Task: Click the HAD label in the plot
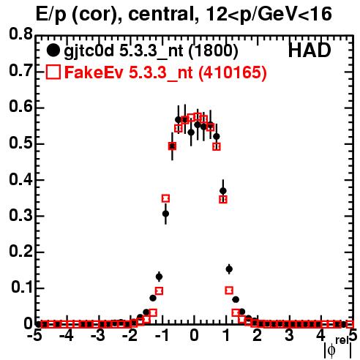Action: point(310,50)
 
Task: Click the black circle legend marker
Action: point(53,50)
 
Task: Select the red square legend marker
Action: point(53,72)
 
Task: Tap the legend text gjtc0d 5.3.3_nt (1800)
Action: point(151,51)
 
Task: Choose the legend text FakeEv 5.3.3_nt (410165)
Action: point(166,72)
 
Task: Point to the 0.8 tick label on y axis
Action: point(20,34)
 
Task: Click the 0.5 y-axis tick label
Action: point(20,143)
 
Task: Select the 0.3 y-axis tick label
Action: point(20,215)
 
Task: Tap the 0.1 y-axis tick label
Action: point(22,288)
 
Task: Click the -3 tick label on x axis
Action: point(98,335)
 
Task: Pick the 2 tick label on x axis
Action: point(258,335)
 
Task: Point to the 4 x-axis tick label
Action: point(320,335)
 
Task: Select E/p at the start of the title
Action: point(50,15)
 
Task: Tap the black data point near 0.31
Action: point(165,214)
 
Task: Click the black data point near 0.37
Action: point(222,191)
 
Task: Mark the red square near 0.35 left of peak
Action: point(165,198)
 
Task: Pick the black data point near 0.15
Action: point(229,269)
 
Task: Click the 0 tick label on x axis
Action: point(194,335)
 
